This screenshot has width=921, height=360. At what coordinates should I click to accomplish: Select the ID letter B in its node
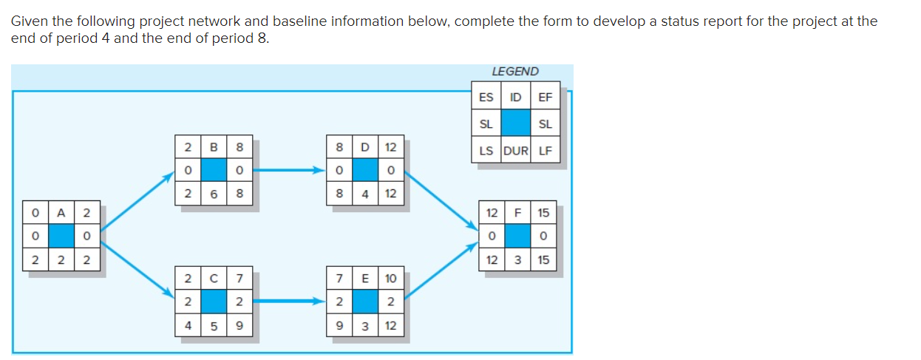(214, 147)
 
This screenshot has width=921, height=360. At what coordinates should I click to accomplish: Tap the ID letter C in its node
(214, 279)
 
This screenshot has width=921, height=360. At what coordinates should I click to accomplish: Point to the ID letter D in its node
(364, 147)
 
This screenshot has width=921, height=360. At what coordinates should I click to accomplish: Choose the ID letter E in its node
(364, 279)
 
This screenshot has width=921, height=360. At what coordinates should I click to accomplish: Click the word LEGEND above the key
(515, 72)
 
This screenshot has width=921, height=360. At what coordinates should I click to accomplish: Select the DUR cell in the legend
(515, 152)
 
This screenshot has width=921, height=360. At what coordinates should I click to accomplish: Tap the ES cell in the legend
(486, 97)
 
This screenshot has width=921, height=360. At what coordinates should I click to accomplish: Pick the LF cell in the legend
(545, 152)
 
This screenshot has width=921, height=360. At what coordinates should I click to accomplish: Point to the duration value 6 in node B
(214, 194)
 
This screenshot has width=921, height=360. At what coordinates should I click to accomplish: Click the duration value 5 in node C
(214, 325)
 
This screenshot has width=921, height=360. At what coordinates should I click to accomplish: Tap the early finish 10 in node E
(390, 279)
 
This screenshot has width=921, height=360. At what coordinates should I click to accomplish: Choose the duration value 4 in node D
(364, 194)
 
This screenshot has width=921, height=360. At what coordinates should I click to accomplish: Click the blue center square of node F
(518, 237)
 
